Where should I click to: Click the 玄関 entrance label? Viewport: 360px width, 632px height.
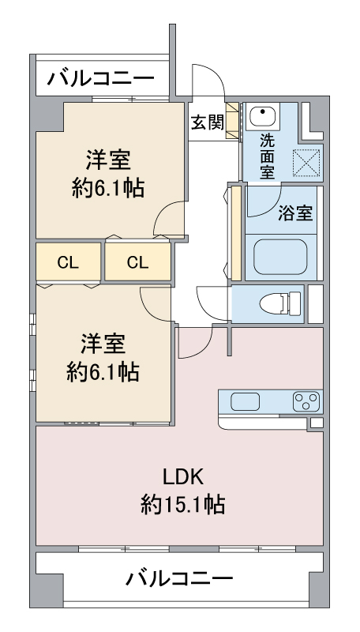pyautogui.click(x=207, y=123)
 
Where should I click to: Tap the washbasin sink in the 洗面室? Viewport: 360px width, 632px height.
pyautogui.click(x=263, y=116)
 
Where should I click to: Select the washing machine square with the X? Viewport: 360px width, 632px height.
pyautogui.click(x=306, y=163)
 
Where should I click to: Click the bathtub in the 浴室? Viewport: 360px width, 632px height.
pyautogui.click(x=281, y=258)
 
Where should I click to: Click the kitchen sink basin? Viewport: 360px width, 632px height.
pyautogui.click(x=246, y=401)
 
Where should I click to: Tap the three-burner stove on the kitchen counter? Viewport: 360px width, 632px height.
pyautogui.click(x=306, y=401)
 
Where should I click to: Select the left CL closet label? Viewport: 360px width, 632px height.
pyautogui.click(x=68, y=262)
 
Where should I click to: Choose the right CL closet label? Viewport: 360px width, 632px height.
pyautogui.click(x=137, y=262)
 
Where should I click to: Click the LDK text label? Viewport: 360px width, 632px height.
pyautogui.click(x=184, y=478)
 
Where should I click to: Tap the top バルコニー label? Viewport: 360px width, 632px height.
pyautogui.click(x=101, y=77)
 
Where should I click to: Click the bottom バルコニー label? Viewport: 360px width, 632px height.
pyautogui.click(x=179, y=579)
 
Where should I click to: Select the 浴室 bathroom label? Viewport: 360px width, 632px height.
pyautogui.click(x=295, y=213)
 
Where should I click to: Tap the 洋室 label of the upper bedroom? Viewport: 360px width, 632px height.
pyautogui.click(x=108, y=160)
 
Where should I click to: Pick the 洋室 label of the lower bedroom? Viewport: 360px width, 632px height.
pyautogui.click(x=103, y=344)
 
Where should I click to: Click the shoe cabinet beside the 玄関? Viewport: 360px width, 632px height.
pyautogui.click(x=232, y=121)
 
